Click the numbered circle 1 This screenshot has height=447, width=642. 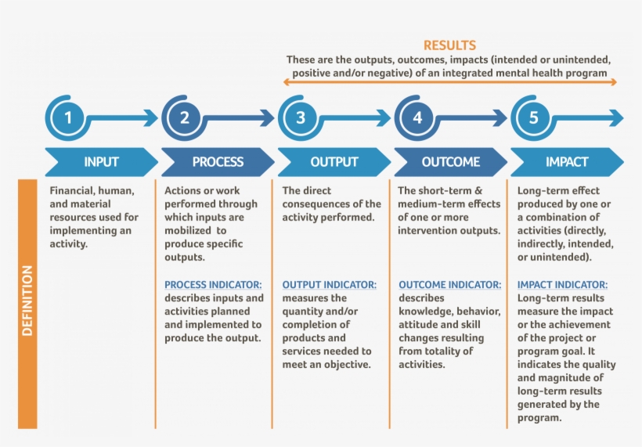[x=68, y=119]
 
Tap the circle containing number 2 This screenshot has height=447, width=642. [x=185, y=119]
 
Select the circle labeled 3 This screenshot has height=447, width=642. [x=301, y=119]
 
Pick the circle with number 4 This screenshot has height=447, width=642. [x=417, y=119]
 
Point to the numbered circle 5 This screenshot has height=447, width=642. [x=534, y=119]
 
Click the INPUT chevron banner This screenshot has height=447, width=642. [x=101, y=162]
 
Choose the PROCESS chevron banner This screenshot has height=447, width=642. [x=218, y=162]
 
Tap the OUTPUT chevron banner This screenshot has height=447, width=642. [x=334, y=162]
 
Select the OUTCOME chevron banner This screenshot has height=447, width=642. [x=450, y=162]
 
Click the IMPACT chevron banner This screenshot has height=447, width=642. [x=567, y=162]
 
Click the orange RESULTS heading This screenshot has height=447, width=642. [x=449, y=45]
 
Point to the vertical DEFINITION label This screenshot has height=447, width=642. [x=27, y=301]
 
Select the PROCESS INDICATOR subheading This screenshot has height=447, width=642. [x=213, y=285]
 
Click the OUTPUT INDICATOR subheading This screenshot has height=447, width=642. [x=329, y=285]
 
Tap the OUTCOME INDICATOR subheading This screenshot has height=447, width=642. [x=449, y=285]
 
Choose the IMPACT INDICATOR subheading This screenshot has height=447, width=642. [x=562, y=285]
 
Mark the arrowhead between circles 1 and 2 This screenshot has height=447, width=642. [x=152, y=119]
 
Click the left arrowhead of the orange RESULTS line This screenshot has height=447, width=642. [x=287, y=81]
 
